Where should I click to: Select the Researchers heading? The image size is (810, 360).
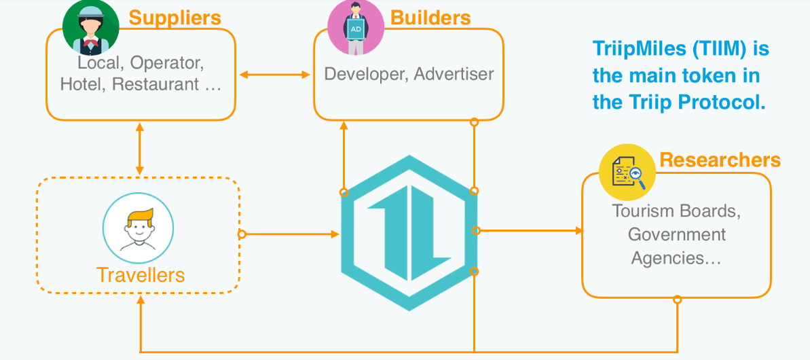pos(720,160)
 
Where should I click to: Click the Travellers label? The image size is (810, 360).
pos(141,274)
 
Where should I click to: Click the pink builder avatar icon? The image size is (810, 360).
pos(355,28)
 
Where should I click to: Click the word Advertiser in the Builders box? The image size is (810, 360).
pos(454,73)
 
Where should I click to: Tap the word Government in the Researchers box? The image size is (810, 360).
pos(676,234)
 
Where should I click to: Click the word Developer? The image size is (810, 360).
pos(363,73)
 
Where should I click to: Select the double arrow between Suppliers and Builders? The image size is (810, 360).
pos(274,74)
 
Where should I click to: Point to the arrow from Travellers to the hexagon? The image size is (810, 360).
pos(291,234)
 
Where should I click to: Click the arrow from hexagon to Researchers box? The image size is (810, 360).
pos(530,231)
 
